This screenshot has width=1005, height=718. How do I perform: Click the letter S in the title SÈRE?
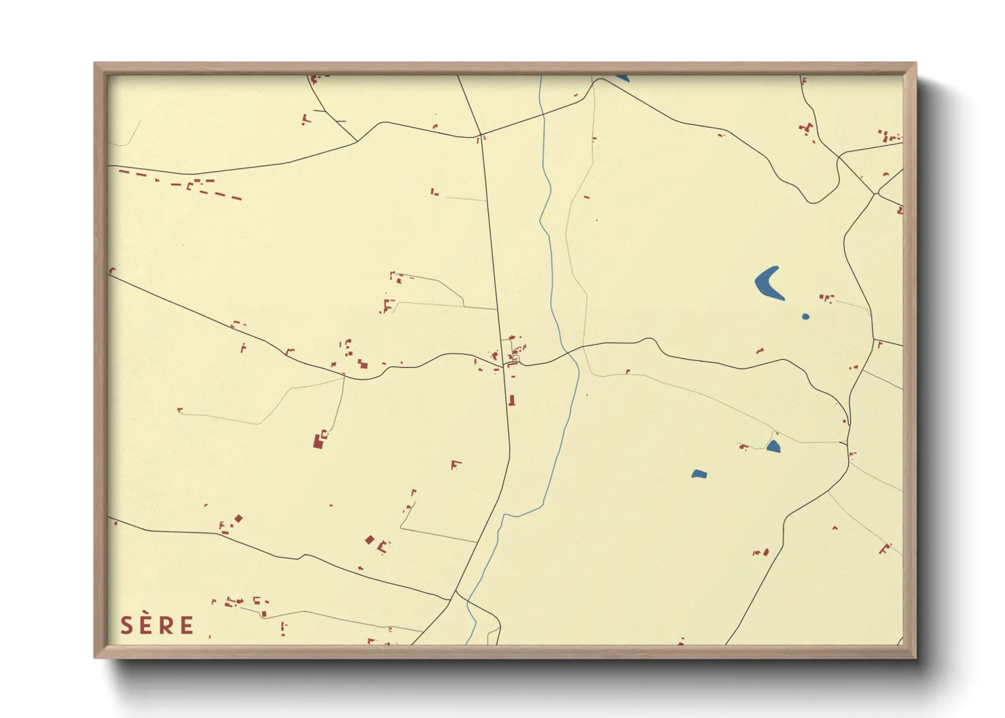(127, 625)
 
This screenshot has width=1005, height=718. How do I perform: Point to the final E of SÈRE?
(186, 625)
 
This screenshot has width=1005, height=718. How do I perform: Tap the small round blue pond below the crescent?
(805, 316)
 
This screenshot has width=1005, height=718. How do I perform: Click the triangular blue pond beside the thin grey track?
(773, 446)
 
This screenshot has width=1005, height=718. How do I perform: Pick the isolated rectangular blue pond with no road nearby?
(699, 474)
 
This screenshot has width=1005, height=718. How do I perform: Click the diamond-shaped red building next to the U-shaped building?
(370, 540)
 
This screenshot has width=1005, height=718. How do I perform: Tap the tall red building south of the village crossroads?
(512, 400)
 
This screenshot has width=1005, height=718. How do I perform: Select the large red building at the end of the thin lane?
(317, 441)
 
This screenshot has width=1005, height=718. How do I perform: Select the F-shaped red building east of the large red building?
(456, 465)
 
